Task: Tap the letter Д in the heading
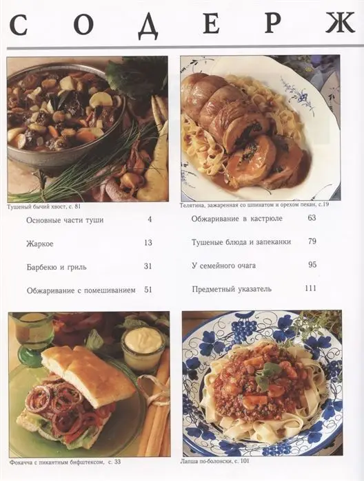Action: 147,25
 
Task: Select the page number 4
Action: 150,220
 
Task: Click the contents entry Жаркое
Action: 40,243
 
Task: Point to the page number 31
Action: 148,266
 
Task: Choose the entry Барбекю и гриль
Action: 57,266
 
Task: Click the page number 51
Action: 148,290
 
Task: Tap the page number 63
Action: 312,218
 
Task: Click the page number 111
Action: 310,288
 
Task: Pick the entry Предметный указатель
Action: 231,289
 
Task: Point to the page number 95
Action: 312,265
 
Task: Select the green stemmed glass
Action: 32,337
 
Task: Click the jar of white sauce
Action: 143,348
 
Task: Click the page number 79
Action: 312,242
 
